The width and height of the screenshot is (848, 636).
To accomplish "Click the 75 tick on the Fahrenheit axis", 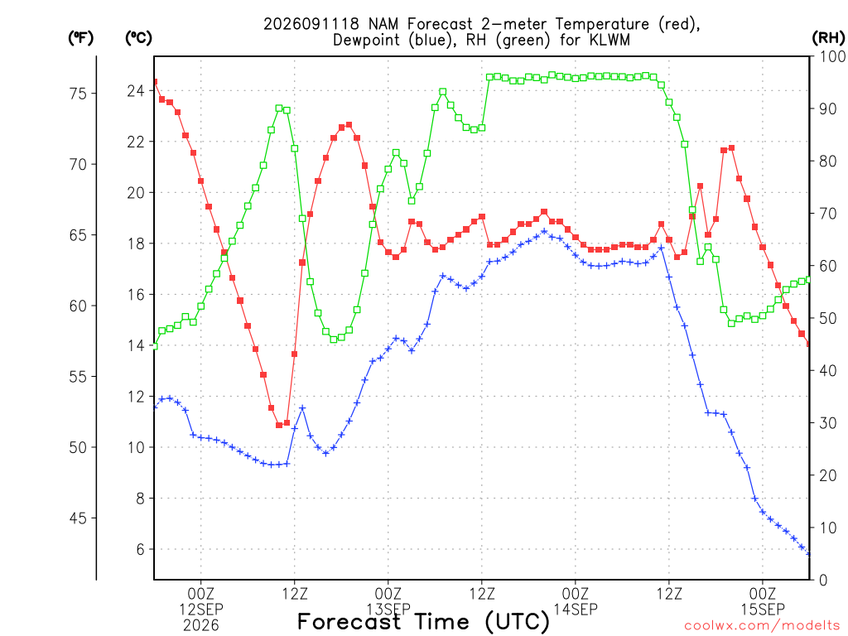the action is pyautogui.click(x=78, y=94).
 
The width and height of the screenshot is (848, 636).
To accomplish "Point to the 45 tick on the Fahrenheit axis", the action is pyautogui.click(x=78, y=518).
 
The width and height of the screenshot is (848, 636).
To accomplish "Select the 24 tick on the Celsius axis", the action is pyautogui.click(x=136, y=91).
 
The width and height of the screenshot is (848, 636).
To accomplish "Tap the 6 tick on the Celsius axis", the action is pyautogui.click(x=141, y=550).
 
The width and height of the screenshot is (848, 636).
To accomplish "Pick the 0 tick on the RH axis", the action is pyautogui.click(x=823, y=581).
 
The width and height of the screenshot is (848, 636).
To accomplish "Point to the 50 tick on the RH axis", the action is pyautogui.click(x=827, y=319).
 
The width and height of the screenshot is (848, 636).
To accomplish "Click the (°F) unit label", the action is pyautogui.click(x=80, y=38).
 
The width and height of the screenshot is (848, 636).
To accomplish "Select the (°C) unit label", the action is pyautogui.click(x=138, y=38).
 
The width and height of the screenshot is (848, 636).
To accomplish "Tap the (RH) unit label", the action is pyautogui.click(x=828, y=38).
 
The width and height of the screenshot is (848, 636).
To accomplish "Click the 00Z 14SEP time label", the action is pyautogui.click(x=576, y=602).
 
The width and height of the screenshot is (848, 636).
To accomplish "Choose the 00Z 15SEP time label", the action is pyautogui.click(x=763, y=602).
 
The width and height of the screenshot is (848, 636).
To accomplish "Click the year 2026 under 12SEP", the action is pyautogui.click(x=201, y=626).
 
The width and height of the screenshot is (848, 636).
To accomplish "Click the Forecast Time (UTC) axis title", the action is pyautogui.click(x=423, y=622).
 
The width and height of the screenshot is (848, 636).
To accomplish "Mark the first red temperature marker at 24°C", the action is pyautogui.click(x=154, y=82).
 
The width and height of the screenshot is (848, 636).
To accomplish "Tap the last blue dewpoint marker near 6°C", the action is pyautogui.click(x=809, y=553).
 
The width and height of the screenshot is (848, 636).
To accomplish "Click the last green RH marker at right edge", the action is pyautogui.click(x=809, y=280).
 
